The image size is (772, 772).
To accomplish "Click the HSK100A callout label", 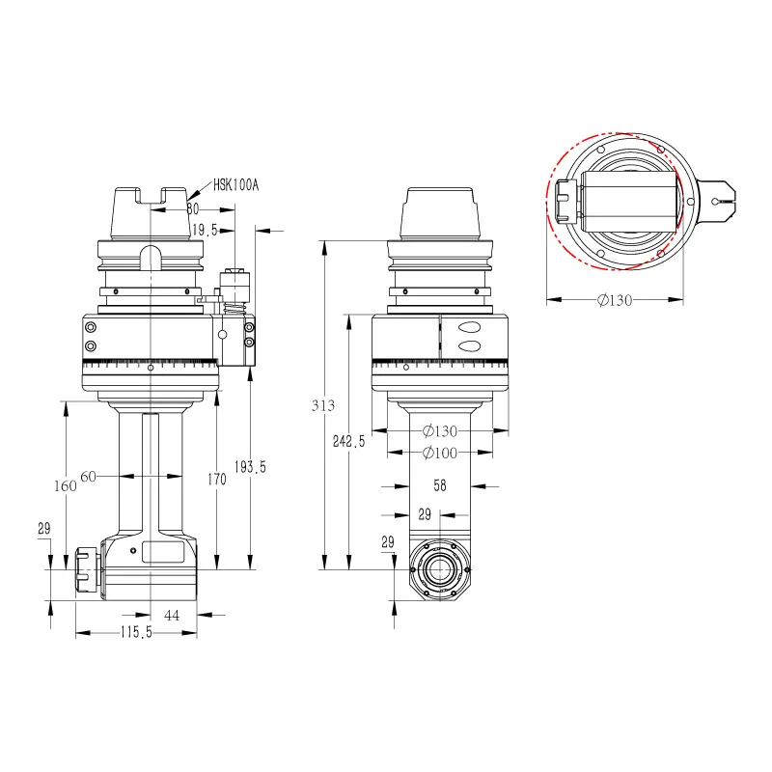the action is click(x=235, y=185).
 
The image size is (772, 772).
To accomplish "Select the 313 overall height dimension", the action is click(x=323, y=405).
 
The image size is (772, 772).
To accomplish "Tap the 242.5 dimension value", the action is click(x=348, y=441).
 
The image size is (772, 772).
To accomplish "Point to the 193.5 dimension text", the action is click(x=250, y=467).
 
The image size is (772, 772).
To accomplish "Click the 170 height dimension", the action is click(x=216, y=479).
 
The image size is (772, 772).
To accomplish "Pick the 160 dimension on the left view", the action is click(x=66, y=486).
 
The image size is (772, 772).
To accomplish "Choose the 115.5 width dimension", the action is click(x=136, y=632).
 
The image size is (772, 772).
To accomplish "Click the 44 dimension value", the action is click(x=172, y=616).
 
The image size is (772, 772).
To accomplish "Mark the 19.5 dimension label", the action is click(x=205, y=230).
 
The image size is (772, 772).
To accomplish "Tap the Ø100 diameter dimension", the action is click(x=440, y=453).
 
